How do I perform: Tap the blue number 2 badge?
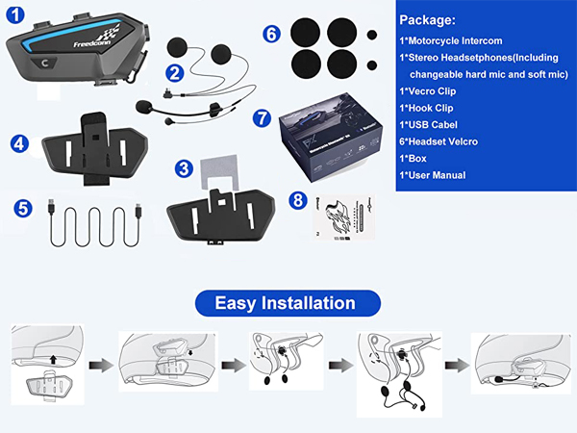[x=174, y=71]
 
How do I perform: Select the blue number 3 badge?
[x=183, y=167]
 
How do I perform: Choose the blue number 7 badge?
[x=261, y=117]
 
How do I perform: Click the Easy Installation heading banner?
[x=285, y=303]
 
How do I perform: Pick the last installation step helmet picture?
[x=518, y=365]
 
